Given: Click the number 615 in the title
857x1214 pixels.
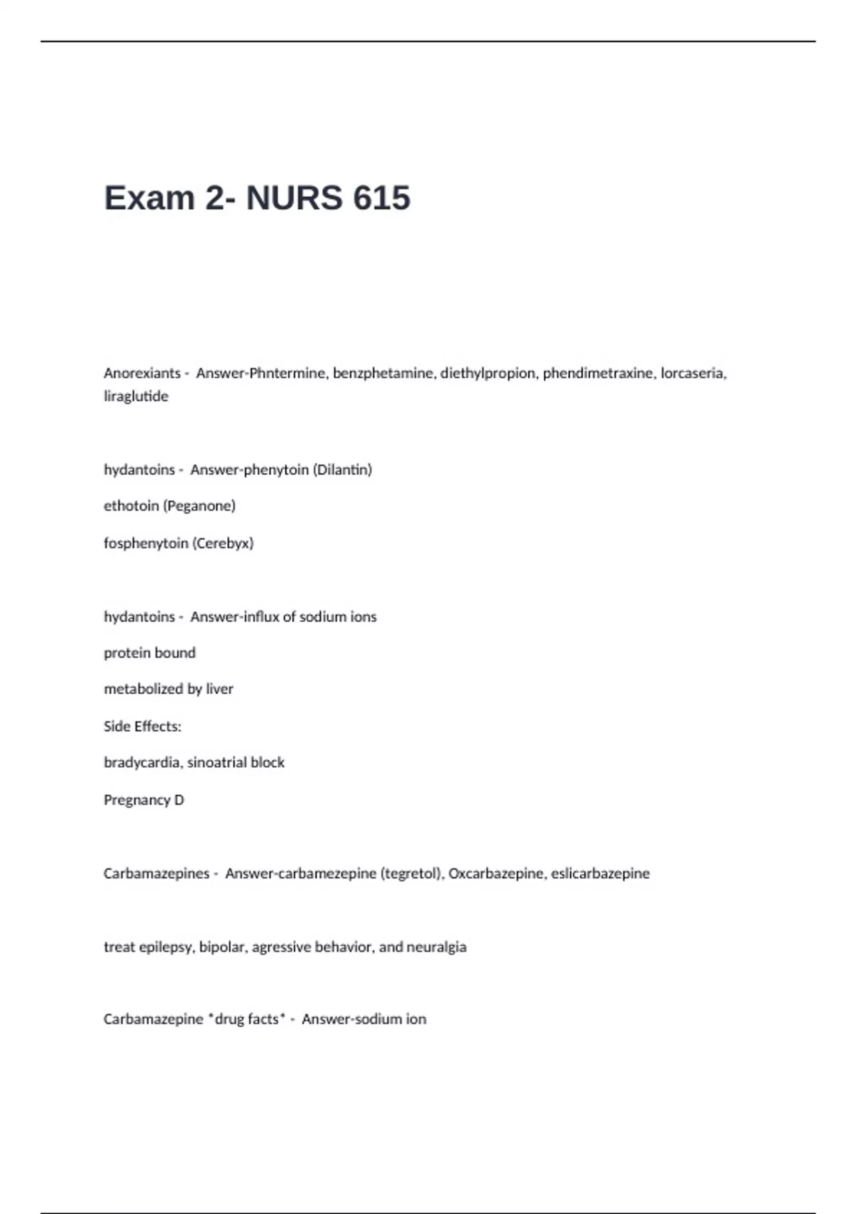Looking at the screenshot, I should tap(381, 198).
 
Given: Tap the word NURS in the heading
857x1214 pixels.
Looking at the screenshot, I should tap(294, 198).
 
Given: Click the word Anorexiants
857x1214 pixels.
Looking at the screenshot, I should tap(142, 373).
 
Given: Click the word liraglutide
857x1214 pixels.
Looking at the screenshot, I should tap(136, 396).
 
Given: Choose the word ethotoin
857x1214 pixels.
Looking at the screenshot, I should tap(131, 506).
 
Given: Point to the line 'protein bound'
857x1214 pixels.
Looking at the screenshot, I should tap(149, 653).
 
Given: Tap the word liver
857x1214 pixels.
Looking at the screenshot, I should tap(219, 689).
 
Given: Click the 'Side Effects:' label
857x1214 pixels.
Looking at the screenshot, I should tap(142, 726).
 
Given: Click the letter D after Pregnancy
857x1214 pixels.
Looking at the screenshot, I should tap(179, 800).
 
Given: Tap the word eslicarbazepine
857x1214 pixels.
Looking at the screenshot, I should tap(600, 873).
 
